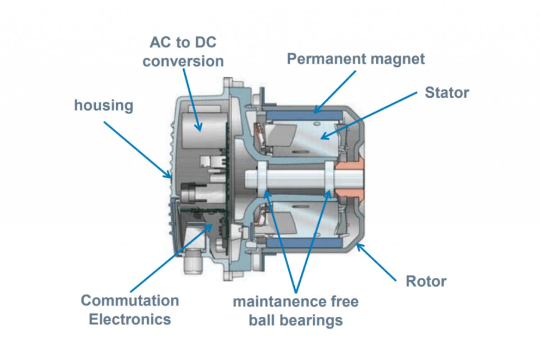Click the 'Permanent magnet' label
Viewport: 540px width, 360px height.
click(x=355, y=59)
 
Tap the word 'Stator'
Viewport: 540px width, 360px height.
click(x=446, y=93)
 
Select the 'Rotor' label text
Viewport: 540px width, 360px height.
click(x=426, y=281)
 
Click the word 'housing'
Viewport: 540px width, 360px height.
click(x=103, y=106)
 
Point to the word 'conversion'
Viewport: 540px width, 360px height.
click(x=183, y=61)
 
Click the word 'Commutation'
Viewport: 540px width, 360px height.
click(x=130, y=300)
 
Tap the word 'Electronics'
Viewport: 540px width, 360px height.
click(x=130, y=319)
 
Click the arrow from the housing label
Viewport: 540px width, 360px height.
click(x=137, y=148)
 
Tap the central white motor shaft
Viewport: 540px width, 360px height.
click(x=292, y=180)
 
